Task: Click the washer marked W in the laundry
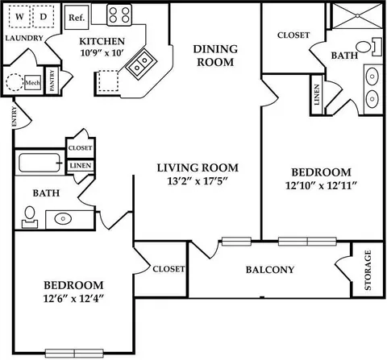tap(19, 16)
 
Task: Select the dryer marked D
tap(44, 16)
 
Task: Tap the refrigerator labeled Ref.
tap(77, 18)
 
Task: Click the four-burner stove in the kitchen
tap(119, 15)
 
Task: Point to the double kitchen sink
tap(141, 64)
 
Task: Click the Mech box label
tap(33, 83)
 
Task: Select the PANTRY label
tap(52, 80)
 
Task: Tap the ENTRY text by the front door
tap(14, 116)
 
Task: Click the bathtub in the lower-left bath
tap(40, 163)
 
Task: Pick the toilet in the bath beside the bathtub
tap(30, 217)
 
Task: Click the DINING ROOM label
tap(215, 56)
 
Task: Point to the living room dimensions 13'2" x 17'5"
tap(198, 181)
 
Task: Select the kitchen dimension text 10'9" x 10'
tap(102, 52)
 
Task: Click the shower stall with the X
tap(357, 15)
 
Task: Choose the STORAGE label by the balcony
tap(368, 270)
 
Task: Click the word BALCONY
tap(270, 270)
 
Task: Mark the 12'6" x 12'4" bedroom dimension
tap(73, 299)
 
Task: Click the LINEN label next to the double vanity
tap(317, 95)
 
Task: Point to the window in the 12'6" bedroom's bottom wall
tap(74, 353)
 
